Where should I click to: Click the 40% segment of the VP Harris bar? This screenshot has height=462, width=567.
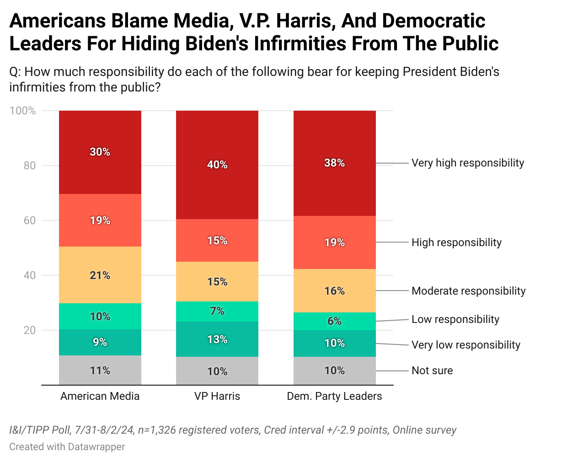click(x=217, y=165)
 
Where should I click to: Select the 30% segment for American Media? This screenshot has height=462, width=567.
click(x=100, y=152)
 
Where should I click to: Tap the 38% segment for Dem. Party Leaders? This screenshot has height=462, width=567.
click(x=334, y=163)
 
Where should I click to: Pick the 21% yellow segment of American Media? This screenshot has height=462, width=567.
click(x=100, y=275)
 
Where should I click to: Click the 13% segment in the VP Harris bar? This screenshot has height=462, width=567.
click(x=217, y=339)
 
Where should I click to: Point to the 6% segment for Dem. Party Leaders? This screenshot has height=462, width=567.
click(x=334, y=321)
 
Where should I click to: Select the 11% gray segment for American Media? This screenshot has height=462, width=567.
click(x=100, y=371)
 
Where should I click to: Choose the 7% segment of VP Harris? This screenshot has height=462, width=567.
click(x=217, y=311)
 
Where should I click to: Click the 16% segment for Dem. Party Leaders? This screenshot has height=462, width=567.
click(x=334, y=291)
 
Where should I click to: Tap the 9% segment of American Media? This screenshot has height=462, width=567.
click(x=100, y=342)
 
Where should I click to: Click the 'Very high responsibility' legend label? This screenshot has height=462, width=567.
click(x=467, y=163)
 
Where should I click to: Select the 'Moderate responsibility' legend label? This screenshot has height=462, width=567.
click(x=468, y=291)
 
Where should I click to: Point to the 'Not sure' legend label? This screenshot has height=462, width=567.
click(x=432, y=371)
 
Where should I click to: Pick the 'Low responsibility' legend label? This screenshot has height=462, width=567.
click(x=455, y=319)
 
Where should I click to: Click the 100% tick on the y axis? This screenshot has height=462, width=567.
click(x=23, y=111)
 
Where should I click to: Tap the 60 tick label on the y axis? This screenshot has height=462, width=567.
click(x=30, y=220)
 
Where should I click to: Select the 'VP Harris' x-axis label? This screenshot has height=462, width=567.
click(x=217, y=396)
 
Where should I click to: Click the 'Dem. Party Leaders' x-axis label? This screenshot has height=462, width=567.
click(x=334, y=396)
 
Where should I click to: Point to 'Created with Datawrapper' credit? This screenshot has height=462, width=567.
click(x=67, y=446)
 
